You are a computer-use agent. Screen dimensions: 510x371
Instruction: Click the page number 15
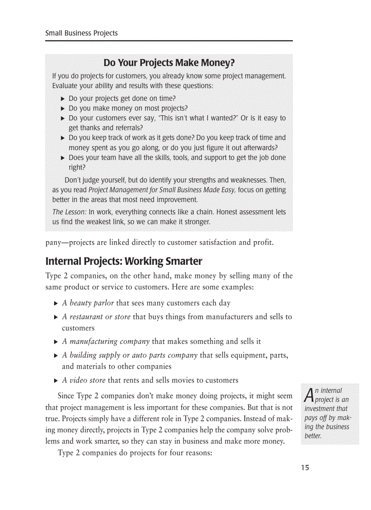(305, 468)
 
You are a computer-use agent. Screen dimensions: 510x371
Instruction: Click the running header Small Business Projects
(81, 33)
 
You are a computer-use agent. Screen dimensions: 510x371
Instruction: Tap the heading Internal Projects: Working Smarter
(124, 262)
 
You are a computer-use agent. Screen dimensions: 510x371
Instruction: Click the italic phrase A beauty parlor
(88, 303)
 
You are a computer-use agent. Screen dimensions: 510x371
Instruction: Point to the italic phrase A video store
(84, 380)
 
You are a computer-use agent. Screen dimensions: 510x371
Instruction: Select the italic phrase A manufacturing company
(105, 342)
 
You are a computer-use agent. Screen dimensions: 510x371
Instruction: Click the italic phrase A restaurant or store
(96, 317)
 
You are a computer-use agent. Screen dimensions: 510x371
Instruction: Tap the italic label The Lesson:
(69, 212)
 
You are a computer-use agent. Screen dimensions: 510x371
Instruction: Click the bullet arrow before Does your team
(63, 158)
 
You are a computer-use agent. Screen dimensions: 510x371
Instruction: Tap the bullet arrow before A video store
(55, 381)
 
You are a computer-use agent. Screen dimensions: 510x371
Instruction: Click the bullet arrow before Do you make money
(63, 109)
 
